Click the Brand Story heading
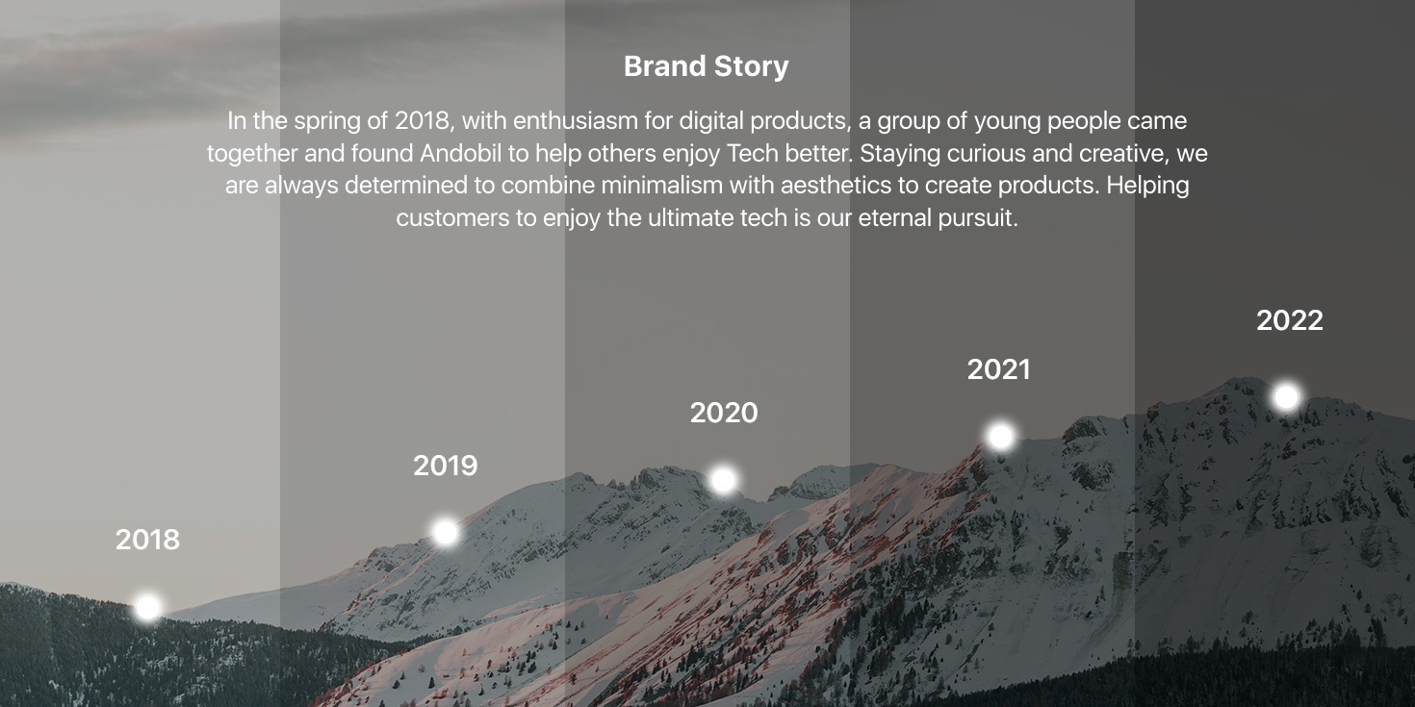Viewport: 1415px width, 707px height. coord(707,67)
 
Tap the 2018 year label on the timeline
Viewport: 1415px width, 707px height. coord(147,540)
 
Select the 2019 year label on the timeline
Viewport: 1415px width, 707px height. coord(446,466)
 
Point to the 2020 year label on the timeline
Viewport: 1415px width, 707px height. coord(724,413)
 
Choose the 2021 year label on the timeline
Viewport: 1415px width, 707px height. coord(999,370)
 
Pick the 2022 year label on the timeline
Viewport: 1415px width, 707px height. coord(1289,320)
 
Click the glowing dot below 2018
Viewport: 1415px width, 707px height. coord(148,607)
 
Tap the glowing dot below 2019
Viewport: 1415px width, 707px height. coord(446,533)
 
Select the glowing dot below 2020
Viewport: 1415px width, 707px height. coord(724,480)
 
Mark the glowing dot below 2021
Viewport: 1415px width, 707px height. coord(1001,436)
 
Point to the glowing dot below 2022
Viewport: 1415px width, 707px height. coord(1286,397)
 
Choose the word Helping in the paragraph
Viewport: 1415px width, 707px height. coord(1147,187)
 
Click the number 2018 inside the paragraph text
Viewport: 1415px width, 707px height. coord(424,121)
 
